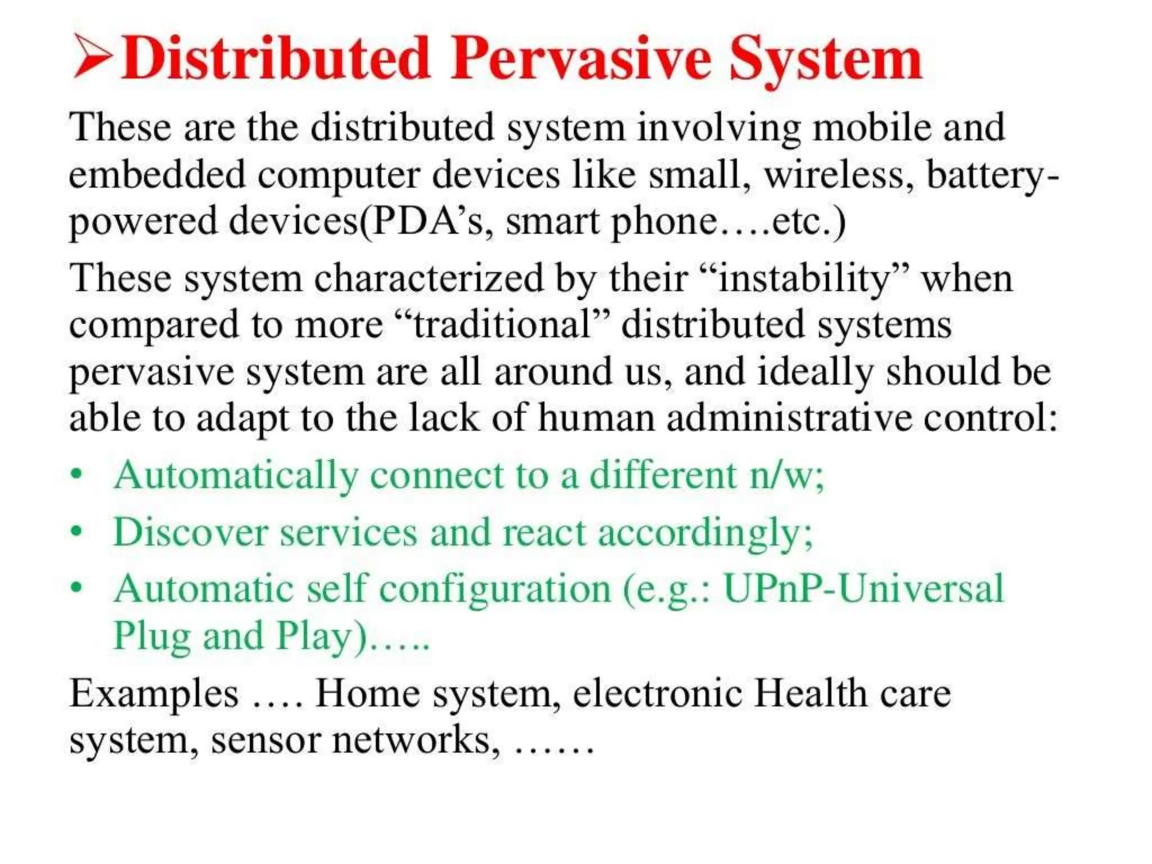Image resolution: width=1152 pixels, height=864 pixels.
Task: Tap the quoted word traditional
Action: (503, 325)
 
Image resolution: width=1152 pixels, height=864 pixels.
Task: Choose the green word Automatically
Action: (236, 476)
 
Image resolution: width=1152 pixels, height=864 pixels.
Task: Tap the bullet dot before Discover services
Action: (77, 531)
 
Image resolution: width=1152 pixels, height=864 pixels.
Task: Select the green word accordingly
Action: (705, 532)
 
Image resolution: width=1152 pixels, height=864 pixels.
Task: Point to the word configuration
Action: (495, 589)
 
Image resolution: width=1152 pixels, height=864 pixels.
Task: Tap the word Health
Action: (811, 692)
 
